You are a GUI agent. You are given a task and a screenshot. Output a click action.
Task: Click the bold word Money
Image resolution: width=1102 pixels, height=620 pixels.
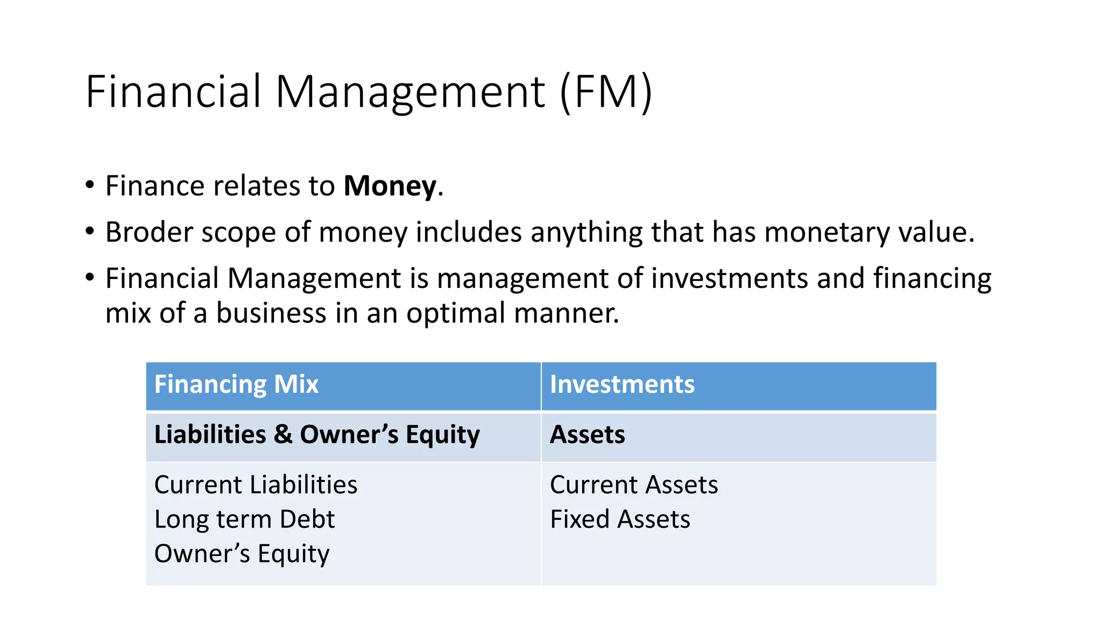pos(390,186)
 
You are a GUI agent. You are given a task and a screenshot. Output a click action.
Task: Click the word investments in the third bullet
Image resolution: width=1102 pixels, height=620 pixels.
pos(730,279)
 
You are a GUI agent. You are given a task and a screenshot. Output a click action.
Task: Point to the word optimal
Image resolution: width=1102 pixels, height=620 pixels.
pos(455,313)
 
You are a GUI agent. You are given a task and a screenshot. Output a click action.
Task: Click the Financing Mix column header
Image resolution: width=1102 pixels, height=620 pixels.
pos(236,384)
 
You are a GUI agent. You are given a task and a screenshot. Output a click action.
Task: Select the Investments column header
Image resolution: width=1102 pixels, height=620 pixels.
pos(622,384)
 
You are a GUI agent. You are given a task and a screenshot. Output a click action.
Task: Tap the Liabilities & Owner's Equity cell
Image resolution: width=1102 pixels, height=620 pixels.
pos(316,435)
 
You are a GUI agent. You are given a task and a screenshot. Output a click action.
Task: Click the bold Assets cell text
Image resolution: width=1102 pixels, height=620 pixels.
pos(587,435)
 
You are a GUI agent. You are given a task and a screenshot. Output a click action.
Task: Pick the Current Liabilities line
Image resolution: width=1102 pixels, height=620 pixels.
pos(256,485)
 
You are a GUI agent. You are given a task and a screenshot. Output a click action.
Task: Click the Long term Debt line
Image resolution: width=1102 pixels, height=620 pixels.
pos(244,519)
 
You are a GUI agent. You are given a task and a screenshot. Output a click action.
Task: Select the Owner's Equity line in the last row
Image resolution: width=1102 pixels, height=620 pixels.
pos(242,554)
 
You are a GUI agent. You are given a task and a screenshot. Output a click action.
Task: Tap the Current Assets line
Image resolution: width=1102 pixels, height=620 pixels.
pos(634,485)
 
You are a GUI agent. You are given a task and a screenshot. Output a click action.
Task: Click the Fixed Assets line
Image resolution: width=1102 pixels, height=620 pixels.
pos(620,519)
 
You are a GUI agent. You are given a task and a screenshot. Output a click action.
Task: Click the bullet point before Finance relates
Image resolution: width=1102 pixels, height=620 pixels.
pos(90,185)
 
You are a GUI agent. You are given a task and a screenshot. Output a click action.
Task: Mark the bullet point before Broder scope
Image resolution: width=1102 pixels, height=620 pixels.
pos(90,231)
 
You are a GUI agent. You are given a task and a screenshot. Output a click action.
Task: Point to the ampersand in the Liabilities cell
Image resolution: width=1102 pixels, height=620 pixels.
pos(283,435)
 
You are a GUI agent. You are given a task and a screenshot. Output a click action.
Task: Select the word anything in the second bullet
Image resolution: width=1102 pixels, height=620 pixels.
pos(586,232)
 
